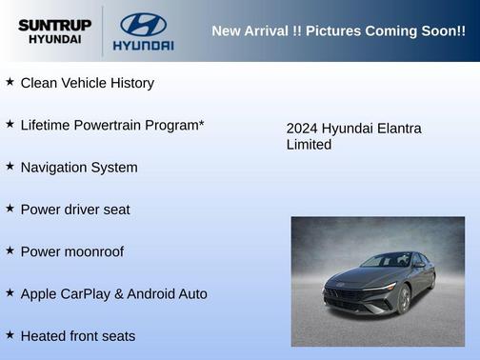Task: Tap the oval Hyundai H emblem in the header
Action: pyautogui.click(x=143, y=24)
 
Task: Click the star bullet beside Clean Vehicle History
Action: pyautogui.click(x=10, y=82)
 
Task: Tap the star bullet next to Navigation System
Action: pyautogui.click(x=10, y=166)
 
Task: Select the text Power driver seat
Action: pyautogui.click(x=75, y=210)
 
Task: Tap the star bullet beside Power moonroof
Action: pyautogui.click(x=10, y=250)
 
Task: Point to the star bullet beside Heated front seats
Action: pyautogui.click(x=10, y=334)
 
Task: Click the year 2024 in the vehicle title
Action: pyautogui.click(x=302, y=129)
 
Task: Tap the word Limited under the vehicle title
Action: pyautogui.click(x=309, y=145)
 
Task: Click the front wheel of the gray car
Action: pyautogui.click(x=405, y=300)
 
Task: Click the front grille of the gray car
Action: pyautogui.click(x=345, y=295)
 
